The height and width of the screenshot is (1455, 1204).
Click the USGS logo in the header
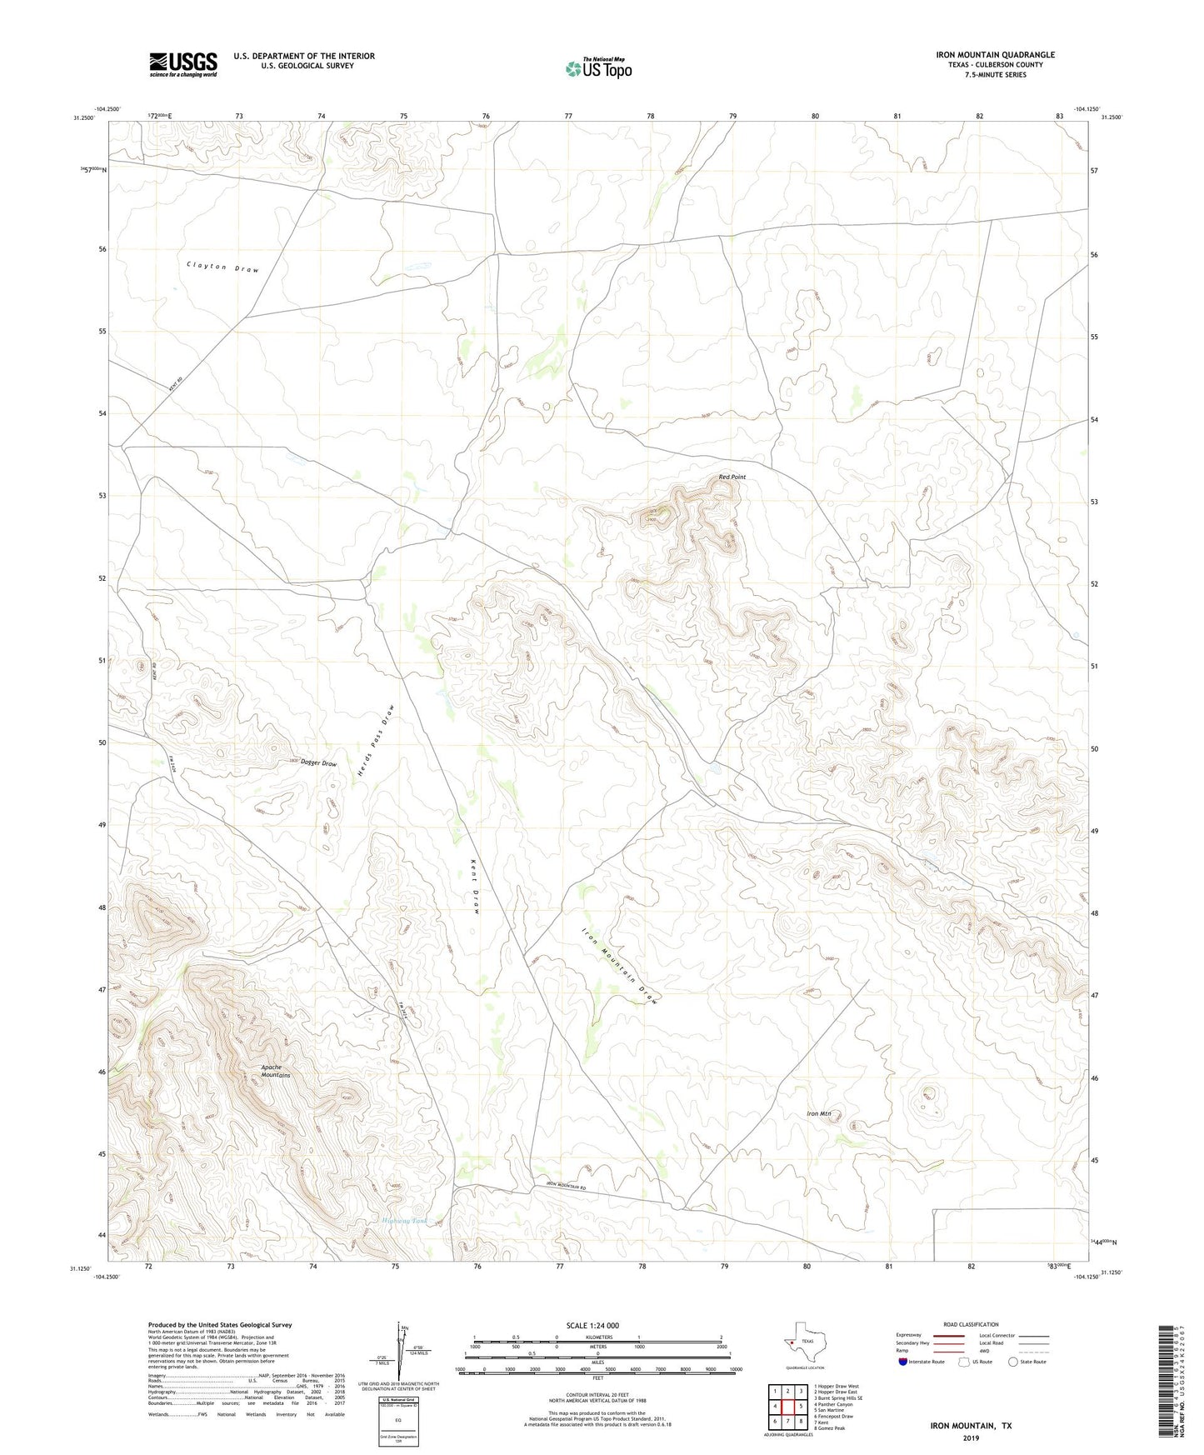pyautogui.click(x=183, y=64)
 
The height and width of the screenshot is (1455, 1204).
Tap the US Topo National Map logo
pyautogui.click(x=597, y=67)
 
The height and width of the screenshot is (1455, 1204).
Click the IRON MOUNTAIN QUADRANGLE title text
pyautogui.click(x=994, y=55)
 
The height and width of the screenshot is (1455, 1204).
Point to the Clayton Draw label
pyautogui.click(x=222, y=267)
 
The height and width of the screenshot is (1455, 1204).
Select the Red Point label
pyautogui.click(x=732, y=477)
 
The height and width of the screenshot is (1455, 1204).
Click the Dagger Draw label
pyautogui.click(x=318, y=763)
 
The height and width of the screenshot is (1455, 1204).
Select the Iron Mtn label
pyautogui.click(x=819, y=1113)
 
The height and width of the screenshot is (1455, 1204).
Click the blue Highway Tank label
pyautogui.click(x=404, y=1221)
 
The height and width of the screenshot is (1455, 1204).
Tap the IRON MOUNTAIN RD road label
pyautogui.click(x=567, y=1186)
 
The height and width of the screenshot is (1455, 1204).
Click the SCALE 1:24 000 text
pyautogui.click(x=592, y=1325)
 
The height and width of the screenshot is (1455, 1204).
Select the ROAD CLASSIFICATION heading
pyautogui.click(x=971, y=1324)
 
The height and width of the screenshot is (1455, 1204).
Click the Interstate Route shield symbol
pyautogui.click(x=903, y=1362)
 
